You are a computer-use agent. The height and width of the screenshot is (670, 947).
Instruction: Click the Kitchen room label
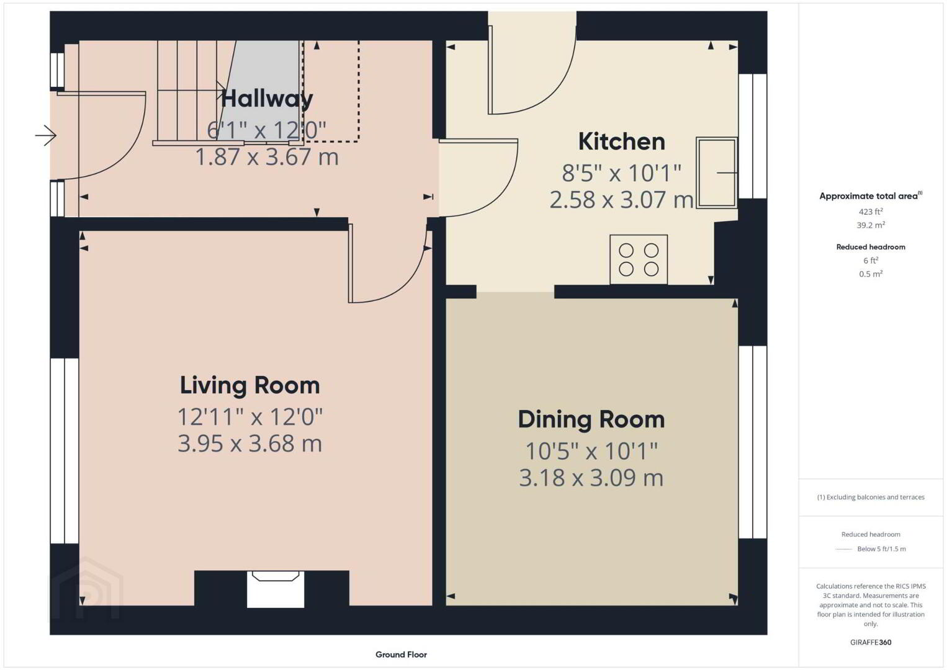(x=621, y=141)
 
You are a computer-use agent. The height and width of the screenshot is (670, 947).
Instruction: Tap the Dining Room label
(x=591, y=420)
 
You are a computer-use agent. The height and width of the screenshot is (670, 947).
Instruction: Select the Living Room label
(x=250, y=385)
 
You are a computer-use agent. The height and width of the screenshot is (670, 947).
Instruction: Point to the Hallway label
(x=267, y=99)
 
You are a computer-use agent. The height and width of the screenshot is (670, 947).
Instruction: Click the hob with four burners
(x=639, y=259)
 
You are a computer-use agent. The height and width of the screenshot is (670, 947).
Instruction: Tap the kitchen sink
(x=717, y=172)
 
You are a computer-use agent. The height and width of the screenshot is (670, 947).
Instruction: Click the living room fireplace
(x=275, y=589)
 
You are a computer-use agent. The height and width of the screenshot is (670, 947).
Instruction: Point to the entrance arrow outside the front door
(x=46, y=135)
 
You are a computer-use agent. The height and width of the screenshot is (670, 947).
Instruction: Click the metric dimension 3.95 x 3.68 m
(x=250, y=444)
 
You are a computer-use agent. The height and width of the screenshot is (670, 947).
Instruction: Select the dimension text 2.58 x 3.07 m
(x=621, y=200)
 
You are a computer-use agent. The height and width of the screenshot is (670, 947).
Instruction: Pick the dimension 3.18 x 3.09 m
(x=591, y=478)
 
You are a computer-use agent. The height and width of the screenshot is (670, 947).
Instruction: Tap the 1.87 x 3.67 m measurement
(x=267, y=157)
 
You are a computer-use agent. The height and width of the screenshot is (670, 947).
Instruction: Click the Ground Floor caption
(x=402, y=654)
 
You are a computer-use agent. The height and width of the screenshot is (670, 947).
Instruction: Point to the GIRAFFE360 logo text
(x=871, y=643)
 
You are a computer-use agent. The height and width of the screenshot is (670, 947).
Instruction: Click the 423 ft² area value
(x=871, y=212)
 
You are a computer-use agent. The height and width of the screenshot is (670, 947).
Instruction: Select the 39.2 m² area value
(x=871, y=225)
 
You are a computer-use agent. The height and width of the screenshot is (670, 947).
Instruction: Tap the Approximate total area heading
(x=871, y=195)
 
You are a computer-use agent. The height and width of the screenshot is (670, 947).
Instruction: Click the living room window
(x=65, y=450)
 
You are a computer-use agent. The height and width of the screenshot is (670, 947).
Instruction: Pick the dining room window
(x=753, y=442)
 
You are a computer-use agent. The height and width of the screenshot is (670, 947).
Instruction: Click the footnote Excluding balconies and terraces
(x=871, y=497)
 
